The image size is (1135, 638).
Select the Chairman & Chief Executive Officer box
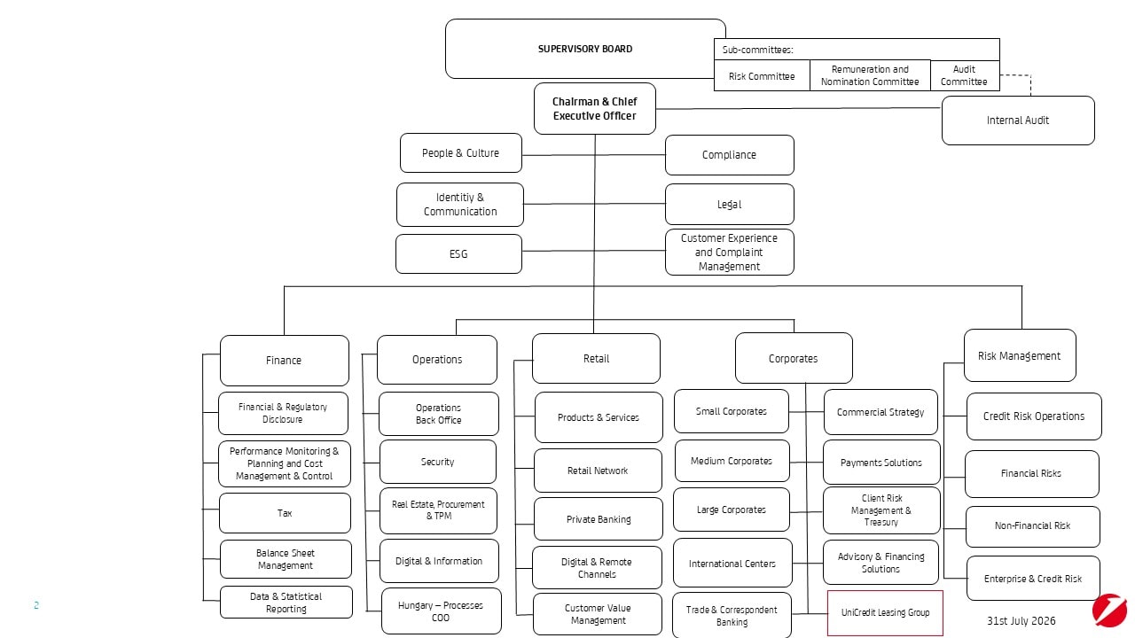595,108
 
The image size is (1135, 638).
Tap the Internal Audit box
1018,121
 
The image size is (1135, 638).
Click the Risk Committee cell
762,76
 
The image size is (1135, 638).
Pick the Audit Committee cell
965,75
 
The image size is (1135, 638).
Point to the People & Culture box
460,153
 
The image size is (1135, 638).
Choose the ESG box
458,253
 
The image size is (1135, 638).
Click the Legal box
729,204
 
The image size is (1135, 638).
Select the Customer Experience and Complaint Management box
729,253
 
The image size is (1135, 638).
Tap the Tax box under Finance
285,513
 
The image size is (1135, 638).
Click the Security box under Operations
438,462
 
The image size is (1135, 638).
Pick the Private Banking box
599,519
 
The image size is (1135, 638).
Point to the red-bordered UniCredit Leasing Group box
885,612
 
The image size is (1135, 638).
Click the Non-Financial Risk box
1033,526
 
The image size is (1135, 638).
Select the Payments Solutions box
881,463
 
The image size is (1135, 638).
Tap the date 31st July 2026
1021,621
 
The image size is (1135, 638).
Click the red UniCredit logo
1109,611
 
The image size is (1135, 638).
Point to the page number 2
36,605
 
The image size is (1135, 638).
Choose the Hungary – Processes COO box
441,611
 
